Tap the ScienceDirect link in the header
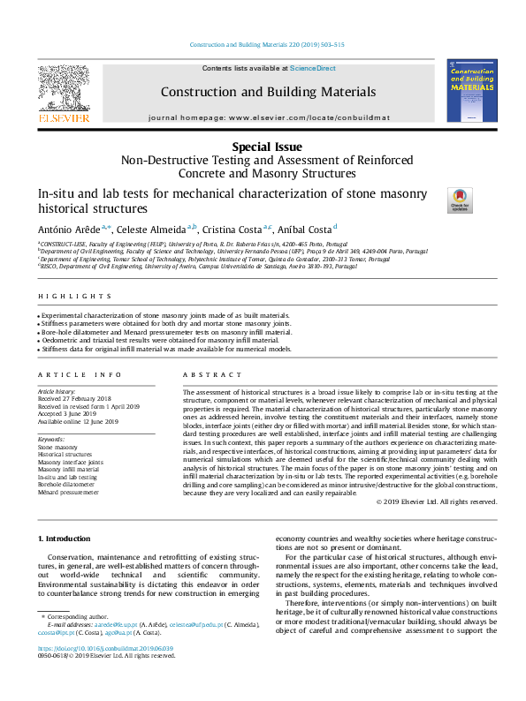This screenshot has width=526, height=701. coord(313,69)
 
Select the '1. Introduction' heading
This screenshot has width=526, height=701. coord(65,539)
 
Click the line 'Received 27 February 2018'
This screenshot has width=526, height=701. coord(74,399)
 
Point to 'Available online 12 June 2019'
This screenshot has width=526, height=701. coord(78,421)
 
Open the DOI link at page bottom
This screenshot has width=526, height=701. coord(104,648)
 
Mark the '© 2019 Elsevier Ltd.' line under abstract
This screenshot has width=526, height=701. coord(437,501)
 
